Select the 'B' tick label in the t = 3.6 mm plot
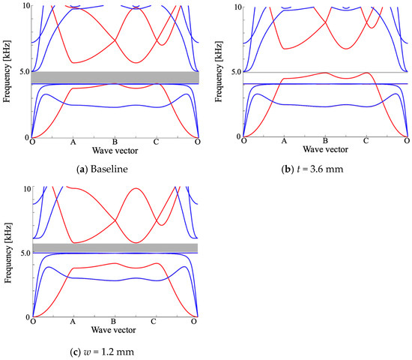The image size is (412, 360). (324, 142)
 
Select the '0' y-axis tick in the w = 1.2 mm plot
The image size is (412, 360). (27, 316)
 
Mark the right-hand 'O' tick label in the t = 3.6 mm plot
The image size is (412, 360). (407, 142)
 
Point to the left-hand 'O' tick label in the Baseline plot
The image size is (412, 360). (32, 142)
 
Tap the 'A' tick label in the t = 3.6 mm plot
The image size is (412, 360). (283, 142)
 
